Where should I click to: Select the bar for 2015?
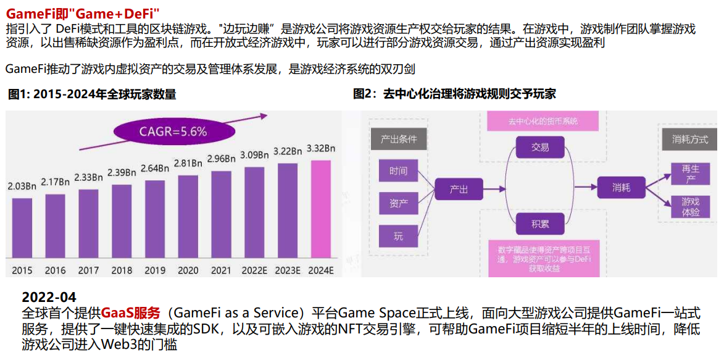(x=22, y=229)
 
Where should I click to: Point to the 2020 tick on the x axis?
(x=188, y=270)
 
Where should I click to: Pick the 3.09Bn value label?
(x=254, y=154)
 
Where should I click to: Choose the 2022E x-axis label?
(x=254, y=270)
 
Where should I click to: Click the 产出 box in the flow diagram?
(x=459, y=189)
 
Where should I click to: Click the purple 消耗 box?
(x=622, y=187)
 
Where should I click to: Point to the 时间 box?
(x=398, y=170)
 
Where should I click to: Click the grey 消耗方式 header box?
(x=690, y=140)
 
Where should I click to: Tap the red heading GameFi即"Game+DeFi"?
(x=83, y=13)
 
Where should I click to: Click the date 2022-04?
(x=49, y=298)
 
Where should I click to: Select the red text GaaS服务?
(x=130, y=312)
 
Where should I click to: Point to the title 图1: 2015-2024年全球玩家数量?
(x=92, y=94)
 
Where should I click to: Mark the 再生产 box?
(x=690, y=173)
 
